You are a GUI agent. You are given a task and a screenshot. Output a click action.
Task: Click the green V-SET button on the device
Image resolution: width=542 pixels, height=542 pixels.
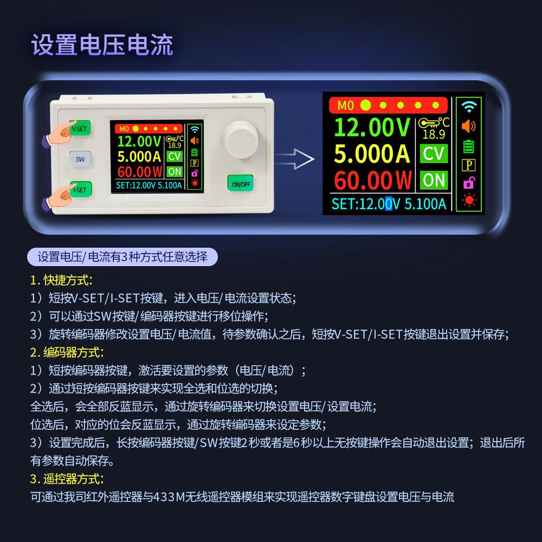coord(80,130)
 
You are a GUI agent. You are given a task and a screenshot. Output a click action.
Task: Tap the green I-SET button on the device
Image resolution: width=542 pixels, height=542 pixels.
coord(80,190)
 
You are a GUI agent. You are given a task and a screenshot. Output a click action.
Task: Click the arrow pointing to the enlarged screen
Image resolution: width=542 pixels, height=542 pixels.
coord(295,158)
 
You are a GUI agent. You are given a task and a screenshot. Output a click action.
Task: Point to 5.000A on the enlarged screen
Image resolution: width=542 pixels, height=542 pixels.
coord(372,153)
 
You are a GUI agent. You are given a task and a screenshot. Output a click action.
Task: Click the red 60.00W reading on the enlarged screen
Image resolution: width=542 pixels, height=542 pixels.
coord(373,179)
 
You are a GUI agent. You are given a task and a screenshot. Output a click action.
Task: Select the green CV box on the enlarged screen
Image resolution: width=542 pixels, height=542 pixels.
coord(434,153)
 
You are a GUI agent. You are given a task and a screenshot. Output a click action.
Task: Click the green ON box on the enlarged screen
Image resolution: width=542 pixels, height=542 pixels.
coord(434,180)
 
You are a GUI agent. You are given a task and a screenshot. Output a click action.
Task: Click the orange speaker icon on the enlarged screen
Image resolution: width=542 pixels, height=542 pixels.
coord(468,126)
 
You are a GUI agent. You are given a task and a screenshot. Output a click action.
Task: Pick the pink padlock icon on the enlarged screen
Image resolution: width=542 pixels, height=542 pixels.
coord(468,183)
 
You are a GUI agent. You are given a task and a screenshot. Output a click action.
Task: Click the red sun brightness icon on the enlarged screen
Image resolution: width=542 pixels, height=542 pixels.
coord(468,202)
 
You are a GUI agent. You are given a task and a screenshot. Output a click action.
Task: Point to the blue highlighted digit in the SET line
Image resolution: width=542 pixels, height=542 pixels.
coord(388,204)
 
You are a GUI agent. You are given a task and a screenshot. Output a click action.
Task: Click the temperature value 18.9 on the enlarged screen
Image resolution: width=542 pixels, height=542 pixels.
coord(433,134)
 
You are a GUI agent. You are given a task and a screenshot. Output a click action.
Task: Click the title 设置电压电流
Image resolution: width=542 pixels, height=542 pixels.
coord(102,45)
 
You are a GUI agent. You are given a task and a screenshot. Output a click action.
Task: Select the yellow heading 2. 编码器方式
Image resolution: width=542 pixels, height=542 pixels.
coord(67,352)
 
